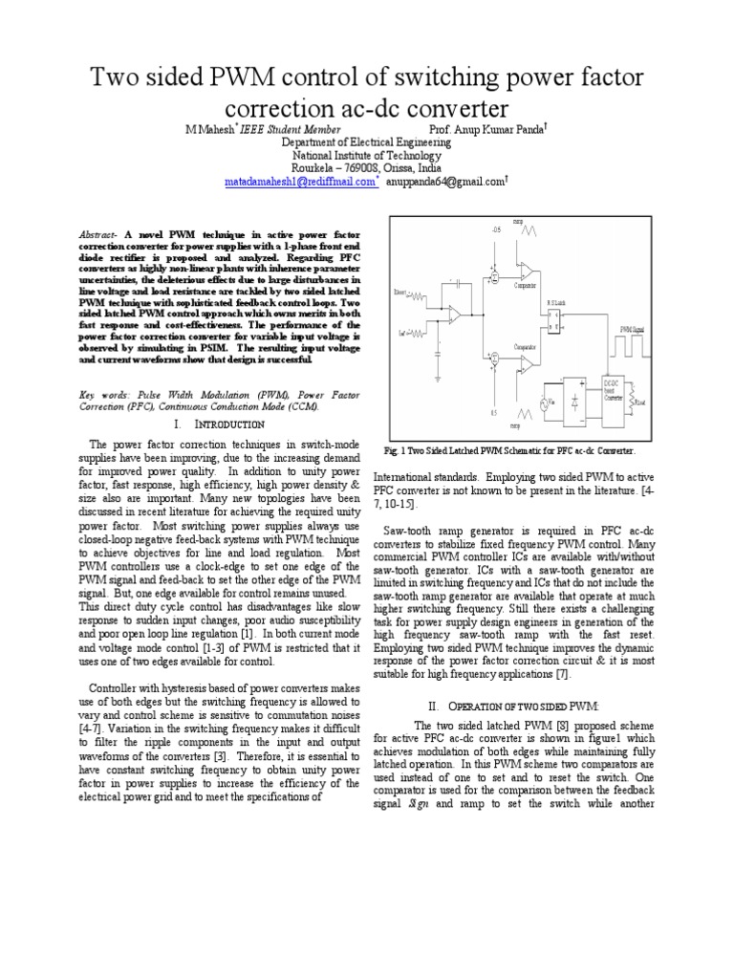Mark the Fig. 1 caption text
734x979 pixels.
click(508, 449)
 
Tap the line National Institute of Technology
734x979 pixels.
click(367, 154)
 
